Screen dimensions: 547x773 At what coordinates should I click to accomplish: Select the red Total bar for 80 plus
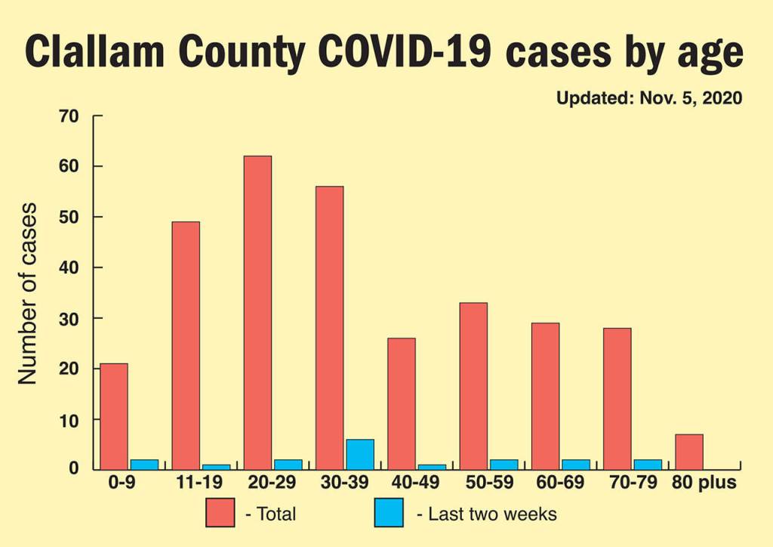pos(689,452)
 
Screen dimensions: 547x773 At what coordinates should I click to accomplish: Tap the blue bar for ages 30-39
pos(360,454)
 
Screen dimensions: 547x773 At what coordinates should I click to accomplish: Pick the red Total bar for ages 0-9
pos(114,416)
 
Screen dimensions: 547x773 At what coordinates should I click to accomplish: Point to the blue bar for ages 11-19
pos(217,467)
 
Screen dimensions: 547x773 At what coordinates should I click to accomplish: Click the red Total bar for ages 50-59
pos(473,385)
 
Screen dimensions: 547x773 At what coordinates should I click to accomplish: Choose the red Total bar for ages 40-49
pos(402,403)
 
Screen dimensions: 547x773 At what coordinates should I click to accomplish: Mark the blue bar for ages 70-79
pos(648,464)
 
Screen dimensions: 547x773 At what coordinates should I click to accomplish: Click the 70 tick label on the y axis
pos(69,116)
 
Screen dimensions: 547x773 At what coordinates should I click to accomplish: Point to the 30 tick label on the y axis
pos(69,319)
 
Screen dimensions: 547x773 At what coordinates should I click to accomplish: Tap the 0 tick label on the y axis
pos(74,470)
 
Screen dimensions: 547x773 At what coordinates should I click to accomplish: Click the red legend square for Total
pos(220,513)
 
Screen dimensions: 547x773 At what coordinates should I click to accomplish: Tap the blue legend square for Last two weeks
pos(389,513)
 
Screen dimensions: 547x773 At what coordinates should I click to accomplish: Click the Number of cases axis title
pos(28,293)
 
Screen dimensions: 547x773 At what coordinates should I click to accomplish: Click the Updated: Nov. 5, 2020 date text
pos(648,98)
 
